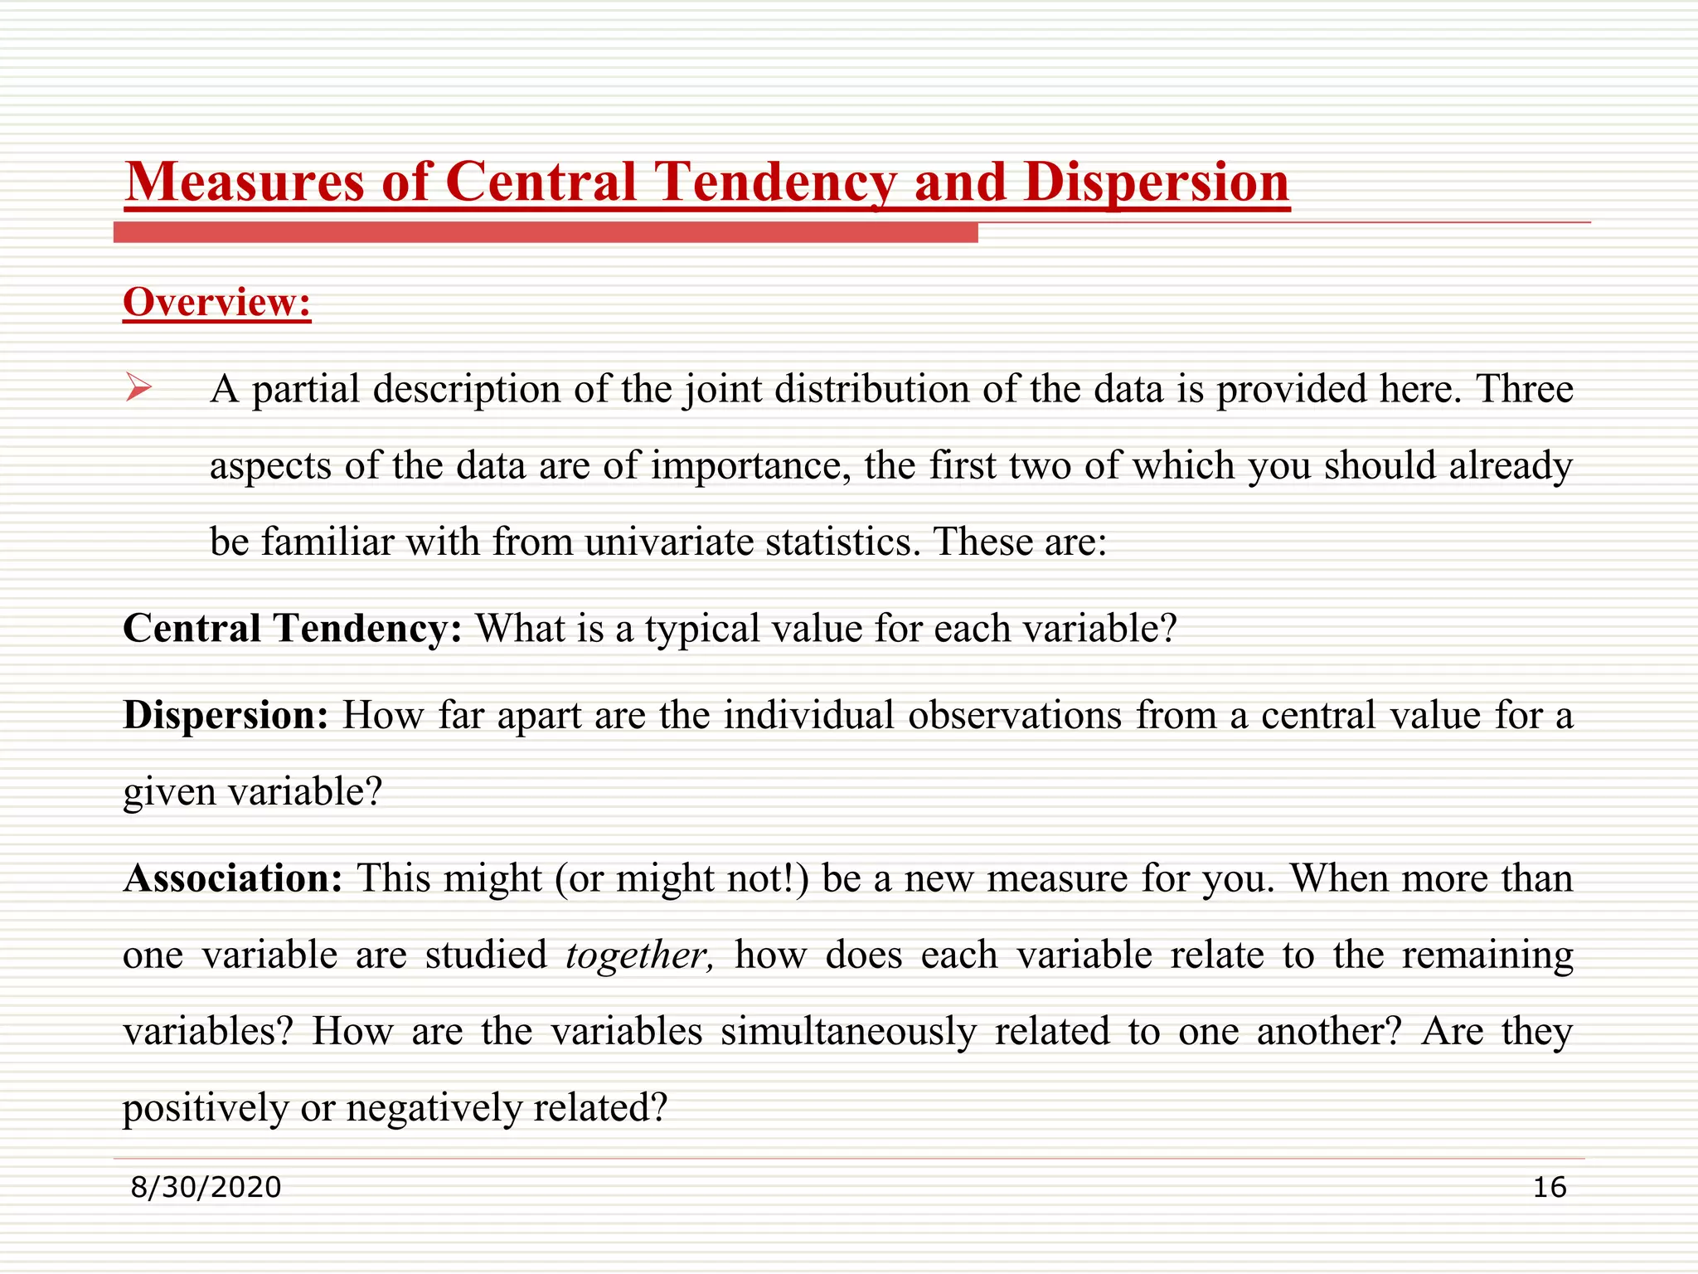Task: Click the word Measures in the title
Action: [x=244, y=182]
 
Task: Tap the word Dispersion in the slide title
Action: [x=1157, y=182]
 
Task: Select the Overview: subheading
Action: [x=216, y=302]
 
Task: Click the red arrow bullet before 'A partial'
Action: [x=138, y=387]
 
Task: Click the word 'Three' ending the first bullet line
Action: [x=1524, y=389]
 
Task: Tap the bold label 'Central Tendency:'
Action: [x=292, y=628]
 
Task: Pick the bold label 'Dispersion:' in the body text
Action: [x=226, y=715]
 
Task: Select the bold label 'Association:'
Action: [x=233, y=878]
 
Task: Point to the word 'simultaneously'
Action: [x=848, y=1032]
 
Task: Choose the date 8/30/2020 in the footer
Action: [x=206, y=1187]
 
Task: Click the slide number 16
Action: [x=1549, y=1187]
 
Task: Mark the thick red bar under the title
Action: [x=546, y=233]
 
